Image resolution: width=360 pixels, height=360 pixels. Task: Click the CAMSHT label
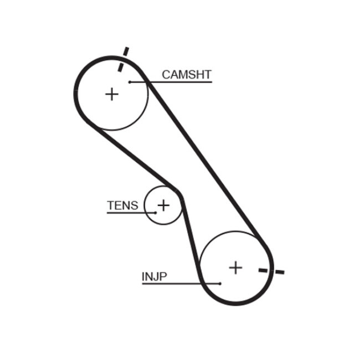[187, 75]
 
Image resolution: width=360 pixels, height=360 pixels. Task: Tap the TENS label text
[122, 205]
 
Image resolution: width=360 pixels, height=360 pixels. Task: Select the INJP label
[154, 276]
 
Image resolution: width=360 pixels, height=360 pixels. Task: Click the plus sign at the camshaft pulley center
[112, 94]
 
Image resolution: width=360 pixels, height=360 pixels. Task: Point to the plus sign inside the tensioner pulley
[163, 205]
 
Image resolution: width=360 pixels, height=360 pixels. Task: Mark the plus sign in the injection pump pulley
[236, 268]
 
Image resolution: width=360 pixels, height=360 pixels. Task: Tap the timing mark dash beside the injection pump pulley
[271, 271]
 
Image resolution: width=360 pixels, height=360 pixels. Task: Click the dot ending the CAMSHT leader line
[130, 82]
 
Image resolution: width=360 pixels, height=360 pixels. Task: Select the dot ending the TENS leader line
[156, 213]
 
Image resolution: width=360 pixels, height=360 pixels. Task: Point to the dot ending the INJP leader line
[220, 284]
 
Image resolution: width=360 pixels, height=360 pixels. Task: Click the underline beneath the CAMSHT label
[177, 82]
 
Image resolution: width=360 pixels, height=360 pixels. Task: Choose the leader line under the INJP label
[177, 284]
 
